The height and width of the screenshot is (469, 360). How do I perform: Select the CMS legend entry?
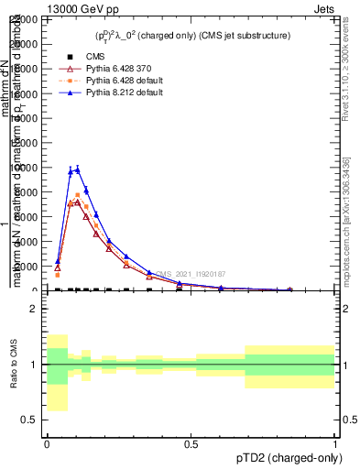82,57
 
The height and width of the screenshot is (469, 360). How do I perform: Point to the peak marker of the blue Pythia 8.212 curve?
78,169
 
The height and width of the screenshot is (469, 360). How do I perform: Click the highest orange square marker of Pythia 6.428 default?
78,195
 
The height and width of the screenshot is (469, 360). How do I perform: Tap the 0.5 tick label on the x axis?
191,444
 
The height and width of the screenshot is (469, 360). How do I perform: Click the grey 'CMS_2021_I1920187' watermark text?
190,274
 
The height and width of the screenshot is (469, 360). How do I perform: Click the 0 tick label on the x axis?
47,444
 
